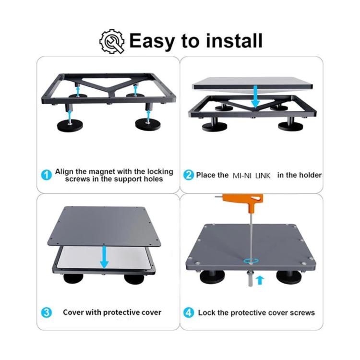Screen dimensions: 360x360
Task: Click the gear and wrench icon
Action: [x=112, y=41]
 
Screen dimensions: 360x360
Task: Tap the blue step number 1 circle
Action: [x=46, y=175]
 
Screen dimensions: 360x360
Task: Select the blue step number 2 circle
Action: [x=189, y=175]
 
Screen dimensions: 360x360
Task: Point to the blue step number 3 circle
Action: [x=46, y=312]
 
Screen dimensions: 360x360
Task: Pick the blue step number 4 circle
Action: [x=189, y=312]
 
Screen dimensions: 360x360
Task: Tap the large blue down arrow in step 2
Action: [x=255, y=96]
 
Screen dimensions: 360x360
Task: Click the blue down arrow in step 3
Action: [x=104, y=257]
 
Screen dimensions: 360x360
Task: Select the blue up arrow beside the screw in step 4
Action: [x=260, y=280]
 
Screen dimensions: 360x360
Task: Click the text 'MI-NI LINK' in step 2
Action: [x=252, y=176]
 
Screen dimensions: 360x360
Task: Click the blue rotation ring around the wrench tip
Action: [x=251, y=261]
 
